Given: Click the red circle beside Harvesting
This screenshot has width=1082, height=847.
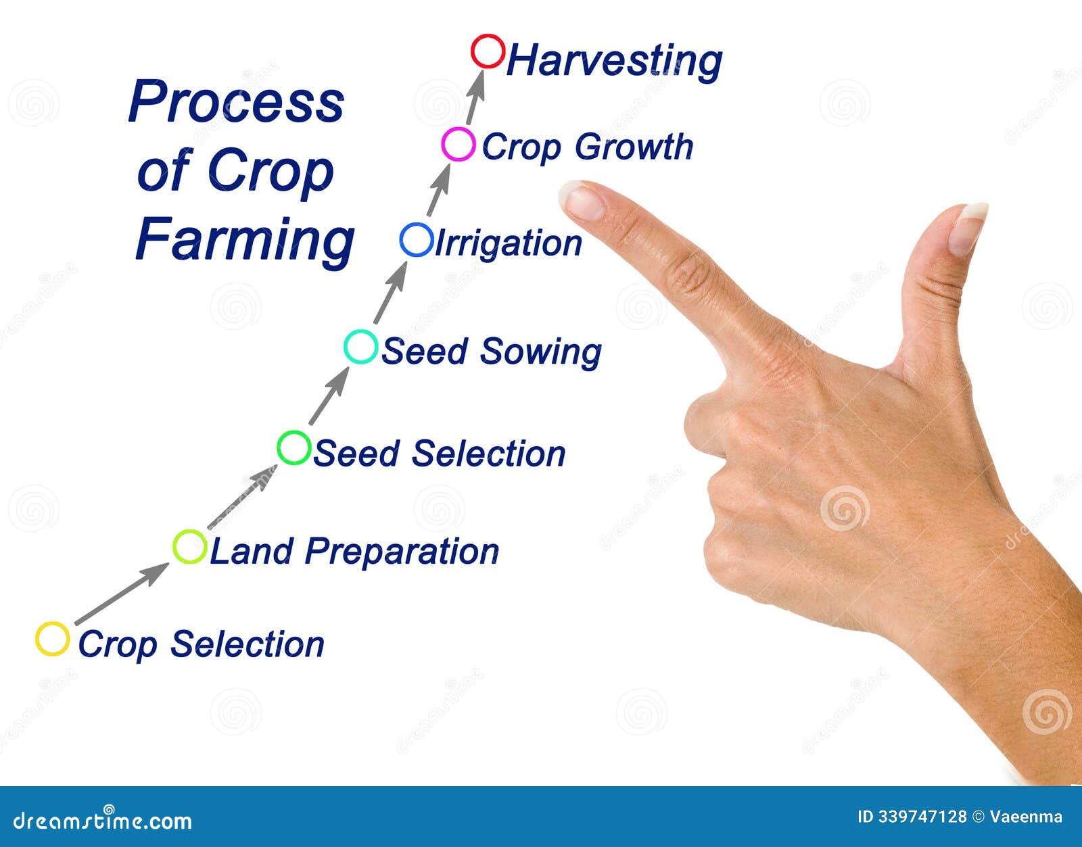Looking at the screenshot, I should [488, 51].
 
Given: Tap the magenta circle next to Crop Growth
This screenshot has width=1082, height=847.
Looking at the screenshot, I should [458, 144].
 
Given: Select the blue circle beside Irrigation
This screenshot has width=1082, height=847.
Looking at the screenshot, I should [416, 240].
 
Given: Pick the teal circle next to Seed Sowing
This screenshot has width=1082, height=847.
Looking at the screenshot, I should [360, 347].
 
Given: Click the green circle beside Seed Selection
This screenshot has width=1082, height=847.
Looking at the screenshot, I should [294, 447].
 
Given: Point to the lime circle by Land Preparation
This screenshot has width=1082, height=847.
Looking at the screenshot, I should [189, 547].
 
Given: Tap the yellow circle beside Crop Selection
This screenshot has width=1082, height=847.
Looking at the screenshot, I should [52, 639].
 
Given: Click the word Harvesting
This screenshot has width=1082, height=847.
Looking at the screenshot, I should [614, 61].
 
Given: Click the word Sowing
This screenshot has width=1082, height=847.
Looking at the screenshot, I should [540, 352].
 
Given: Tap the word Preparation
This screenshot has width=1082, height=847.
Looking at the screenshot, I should [402, 552].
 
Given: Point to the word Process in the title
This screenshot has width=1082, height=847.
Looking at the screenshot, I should [236, 102].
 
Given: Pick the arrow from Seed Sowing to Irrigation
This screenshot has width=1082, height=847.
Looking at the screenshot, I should [391, 293].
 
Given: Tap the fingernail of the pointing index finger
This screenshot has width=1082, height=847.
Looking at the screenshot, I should [584, 202].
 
